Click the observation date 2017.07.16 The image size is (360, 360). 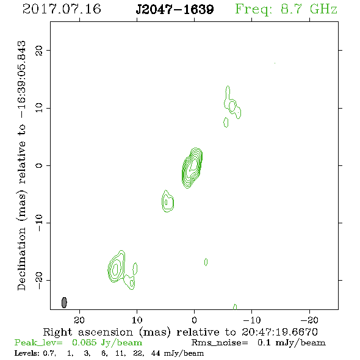(62, 9)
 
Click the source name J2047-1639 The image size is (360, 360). (175, 9)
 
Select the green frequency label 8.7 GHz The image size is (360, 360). (309, 9)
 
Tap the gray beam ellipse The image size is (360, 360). (64, 303)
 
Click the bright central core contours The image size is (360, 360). (192, 168)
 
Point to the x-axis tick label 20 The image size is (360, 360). (79, 320)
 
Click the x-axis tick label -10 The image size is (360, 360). (252, 320)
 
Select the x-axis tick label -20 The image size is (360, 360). (309, 320)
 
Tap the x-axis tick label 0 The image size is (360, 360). (194, 320)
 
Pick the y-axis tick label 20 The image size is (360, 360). (39, 50)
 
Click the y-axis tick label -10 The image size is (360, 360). (39, 223)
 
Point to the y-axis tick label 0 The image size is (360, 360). (39, 165)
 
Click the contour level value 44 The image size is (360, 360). (156, 353)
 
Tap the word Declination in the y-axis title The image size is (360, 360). (21, 259)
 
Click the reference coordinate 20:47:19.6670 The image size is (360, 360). (279, 332)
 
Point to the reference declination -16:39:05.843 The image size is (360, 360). (21, 80)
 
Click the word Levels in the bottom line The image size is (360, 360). (26, 353)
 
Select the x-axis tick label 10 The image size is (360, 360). (137, 320)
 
